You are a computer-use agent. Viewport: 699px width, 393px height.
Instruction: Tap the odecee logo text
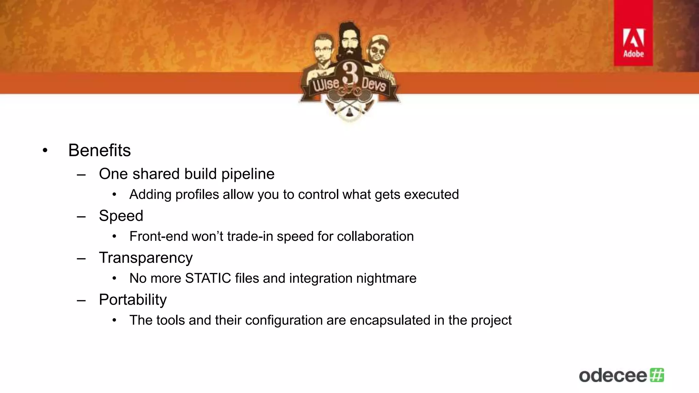pyautogui.click(x=613, y=376)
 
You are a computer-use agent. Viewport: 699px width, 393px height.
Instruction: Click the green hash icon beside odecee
pyautogui.click(x=657, y=375)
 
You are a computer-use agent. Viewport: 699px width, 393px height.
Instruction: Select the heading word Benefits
pyautogui.click(x=99, y=150)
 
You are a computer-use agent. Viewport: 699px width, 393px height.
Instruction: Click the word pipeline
pyautogui.click(x=248, y=174)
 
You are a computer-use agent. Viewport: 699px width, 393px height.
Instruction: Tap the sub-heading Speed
pyautogui.click(x=121, y=216)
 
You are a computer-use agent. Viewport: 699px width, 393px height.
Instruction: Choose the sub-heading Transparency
pyautogui.click(x=146, y=258)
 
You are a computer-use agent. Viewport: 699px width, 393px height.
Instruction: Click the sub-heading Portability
pyautogui.click(x=133, y=300)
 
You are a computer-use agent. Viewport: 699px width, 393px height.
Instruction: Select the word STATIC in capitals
pyautogui.click(x=208, y=278)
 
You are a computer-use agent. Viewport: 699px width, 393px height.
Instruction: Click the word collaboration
pyautogui.click(x=375, y=236)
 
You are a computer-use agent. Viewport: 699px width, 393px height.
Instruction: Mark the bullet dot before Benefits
pyautogui.click(x=45, y=150)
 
